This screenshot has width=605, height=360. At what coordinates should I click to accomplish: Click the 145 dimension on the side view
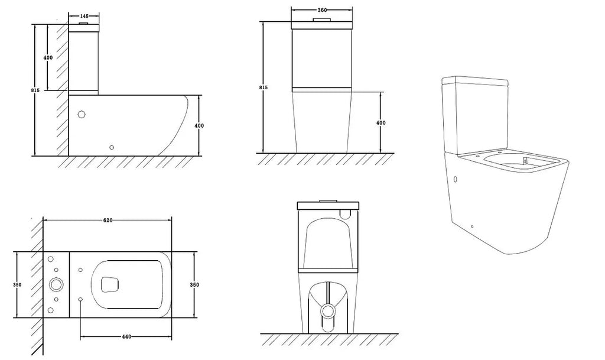click(84, 16)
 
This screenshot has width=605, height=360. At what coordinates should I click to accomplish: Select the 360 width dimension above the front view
click(321, 10)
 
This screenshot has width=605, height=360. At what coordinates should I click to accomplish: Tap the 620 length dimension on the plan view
click(108, 220)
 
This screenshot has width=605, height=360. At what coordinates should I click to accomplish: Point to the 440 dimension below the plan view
click(126, 337)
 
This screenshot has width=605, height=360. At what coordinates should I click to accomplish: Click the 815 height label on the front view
click(264, 87)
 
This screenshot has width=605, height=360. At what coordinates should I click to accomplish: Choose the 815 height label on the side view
click(35, 90)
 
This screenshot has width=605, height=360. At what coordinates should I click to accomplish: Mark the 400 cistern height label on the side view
click(48, 57)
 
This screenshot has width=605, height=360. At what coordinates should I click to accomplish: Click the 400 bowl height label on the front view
click(381, 123)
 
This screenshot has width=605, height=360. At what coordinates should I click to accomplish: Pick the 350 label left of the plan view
click(17, 285)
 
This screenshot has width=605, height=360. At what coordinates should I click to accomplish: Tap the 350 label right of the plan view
click(194, 285)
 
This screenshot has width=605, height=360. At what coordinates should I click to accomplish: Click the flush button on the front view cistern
click(322, 20)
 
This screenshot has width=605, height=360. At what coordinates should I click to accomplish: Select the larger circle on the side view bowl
click(82, 114)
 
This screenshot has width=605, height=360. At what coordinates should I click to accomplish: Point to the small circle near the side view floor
click(112, 147)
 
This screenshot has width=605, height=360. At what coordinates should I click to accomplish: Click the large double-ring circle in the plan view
click(56, 285)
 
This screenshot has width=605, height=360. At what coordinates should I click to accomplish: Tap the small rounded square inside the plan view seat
click(110, 285)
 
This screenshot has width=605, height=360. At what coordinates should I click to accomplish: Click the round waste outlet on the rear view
click(328, 310)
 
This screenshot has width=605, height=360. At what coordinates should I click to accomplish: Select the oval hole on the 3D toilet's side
click(456, 180)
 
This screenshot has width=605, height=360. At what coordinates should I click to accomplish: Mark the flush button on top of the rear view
click(327, 200)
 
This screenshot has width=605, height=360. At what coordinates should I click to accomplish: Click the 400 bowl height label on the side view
click(200, 126)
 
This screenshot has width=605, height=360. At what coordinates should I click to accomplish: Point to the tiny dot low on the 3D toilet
click(472, 226)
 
